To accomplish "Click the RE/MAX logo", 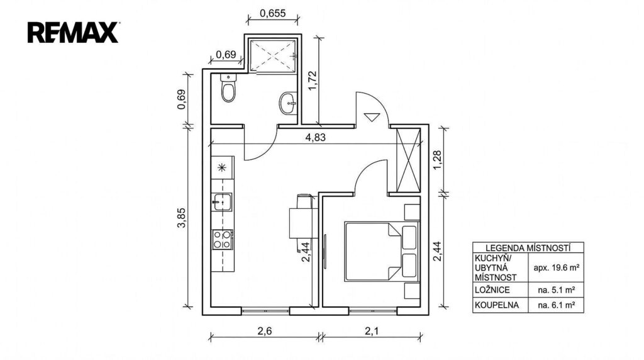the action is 73,33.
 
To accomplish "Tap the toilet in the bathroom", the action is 228,88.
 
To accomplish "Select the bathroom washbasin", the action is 288,103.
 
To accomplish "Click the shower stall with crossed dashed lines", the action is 273,55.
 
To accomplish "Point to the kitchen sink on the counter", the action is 222,202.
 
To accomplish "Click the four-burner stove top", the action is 222,240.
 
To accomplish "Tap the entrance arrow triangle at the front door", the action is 373,117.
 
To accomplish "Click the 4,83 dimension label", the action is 315,137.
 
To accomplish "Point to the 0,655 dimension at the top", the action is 273,13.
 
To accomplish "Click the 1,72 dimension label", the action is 313,81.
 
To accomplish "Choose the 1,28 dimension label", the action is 437,160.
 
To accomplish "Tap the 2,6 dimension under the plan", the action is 265,331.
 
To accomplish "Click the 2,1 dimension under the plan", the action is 372,331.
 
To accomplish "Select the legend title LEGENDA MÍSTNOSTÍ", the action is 528,248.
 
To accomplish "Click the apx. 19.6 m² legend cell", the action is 556,267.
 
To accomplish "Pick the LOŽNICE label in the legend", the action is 492,290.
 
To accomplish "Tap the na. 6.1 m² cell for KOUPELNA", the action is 556,305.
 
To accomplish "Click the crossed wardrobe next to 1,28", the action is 408,160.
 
